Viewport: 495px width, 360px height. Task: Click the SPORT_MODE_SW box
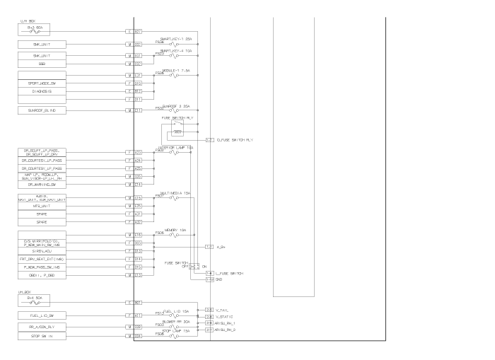(x=46, y=83)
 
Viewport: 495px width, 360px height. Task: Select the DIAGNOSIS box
(x=46, y=91)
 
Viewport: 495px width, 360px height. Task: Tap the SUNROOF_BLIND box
(x=46, y=110)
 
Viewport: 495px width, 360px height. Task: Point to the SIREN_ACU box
(x=46, y=250)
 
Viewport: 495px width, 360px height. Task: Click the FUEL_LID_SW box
(x=46, y=314)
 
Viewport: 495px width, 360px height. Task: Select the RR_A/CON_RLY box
(x=46, y=327)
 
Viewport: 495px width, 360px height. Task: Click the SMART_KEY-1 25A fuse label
(x=177, y=37)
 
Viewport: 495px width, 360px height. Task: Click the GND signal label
(x=219, y=279)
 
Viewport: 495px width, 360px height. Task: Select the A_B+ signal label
(x=220, y=246)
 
